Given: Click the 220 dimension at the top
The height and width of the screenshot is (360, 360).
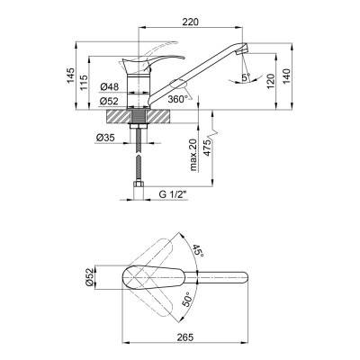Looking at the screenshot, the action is tap(190, 22).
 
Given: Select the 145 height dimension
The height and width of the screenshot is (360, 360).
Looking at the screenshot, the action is tap(70, 76).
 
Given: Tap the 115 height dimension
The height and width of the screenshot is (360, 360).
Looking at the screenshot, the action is tap(84, 83).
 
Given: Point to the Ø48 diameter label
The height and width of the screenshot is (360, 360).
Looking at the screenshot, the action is tap(110, 87).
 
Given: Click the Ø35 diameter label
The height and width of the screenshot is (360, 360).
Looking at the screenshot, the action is tap(105, 138).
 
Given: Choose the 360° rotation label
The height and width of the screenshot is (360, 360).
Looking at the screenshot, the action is tap(178, 99).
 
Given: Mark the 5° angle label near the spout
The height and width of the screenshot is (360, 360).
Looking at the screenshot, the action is tap(247, 77).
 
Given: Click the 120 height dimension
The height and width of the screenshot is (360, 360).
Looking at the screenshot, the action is tap(271, 81).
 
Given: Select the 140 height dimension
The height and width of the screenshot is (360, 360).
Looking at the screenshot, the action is tap(286, 76).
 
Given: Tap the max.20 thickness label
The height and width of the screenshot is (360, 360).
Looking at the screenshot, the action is tap(193, 155).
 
